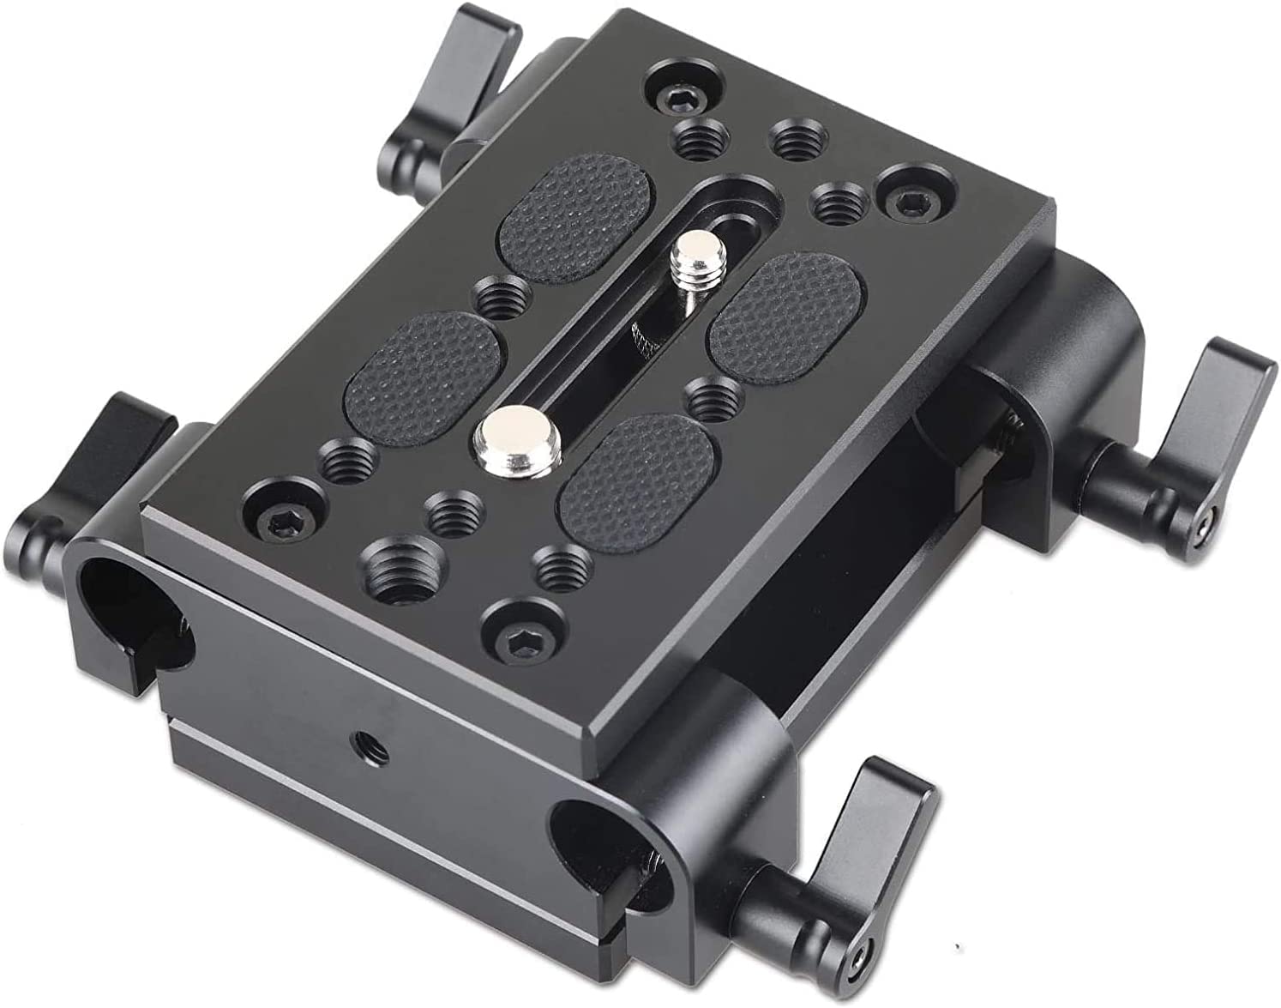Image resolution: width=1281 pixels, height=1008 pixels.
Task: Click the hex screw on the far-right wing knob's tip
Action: (1206, 522)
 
